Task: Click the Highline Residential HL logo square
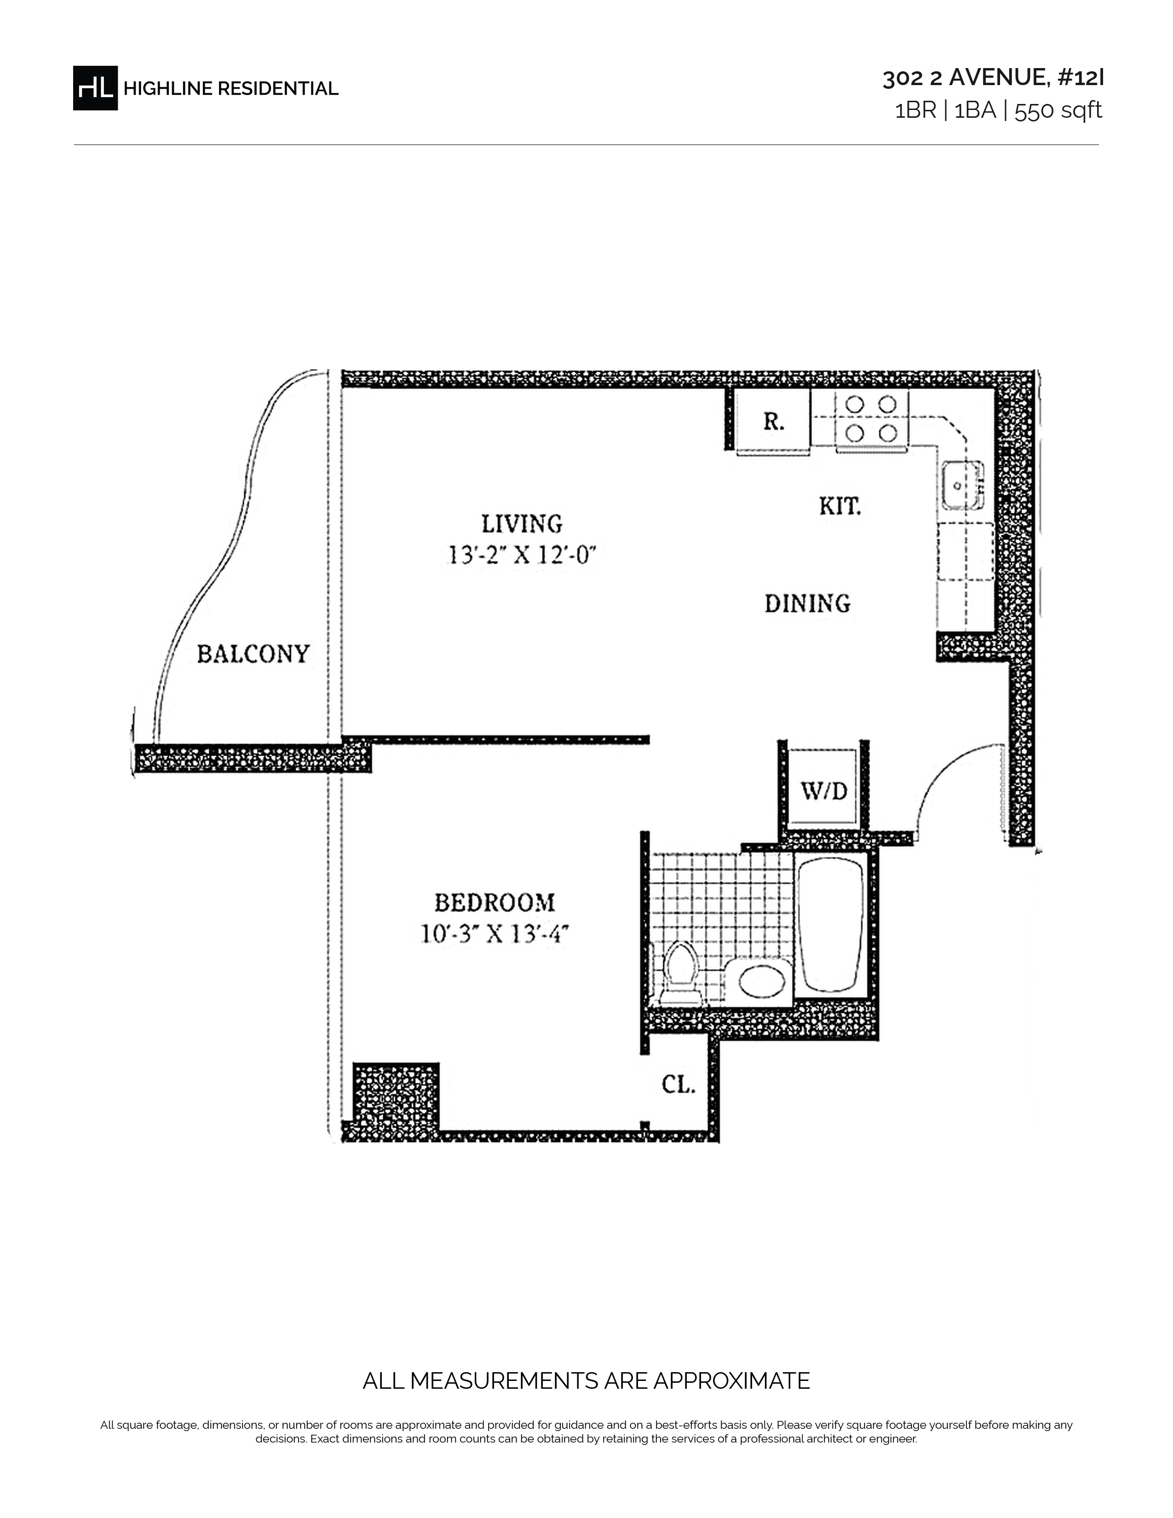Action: point(95,87)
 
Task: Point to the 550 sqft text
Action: point(1058,110)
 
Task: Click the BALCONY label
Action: point(253,654)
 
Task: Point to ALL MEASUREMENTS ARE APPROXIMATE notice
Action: point(586,1380)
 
